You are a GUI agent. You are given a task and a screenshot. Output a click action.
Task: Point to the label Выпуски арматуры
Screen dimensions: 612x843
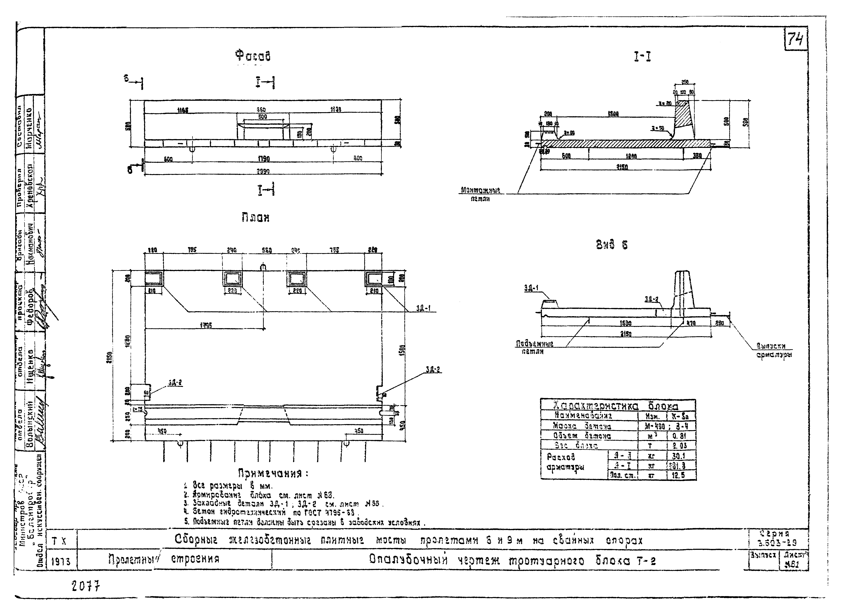(774, 350)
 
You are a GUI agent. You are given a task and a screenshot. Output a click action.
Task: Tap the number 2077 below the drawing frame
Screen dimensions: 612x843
(86, 587)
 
